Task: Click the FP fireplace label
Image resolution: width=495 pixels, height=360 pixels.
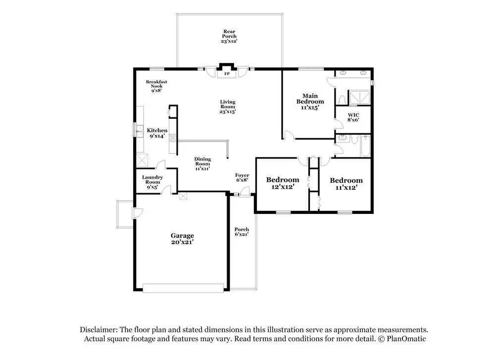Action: (x=227, y=74)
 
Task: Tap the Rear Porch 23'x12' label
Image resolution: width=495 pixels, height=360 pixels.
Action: (x=229, y=36)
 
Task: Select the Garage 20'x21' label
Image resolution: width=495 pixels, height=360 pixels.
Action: (x=182, y=239)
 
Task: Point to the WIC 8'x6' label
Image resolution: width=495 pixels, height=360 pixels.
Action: (x=353, y=117)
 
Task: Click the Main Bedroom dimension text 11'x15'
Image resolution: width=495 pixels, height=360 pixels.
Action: (x=310, y=107)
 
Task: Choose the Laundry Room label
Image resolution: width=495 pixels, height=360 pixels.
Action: (x=152, y=182)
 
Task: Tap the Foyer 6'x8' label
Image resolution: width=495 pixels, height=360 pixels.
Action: (x=242, y=177)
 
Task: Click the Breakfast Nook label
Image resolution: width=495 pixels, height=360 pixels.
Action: (x=156, y=86)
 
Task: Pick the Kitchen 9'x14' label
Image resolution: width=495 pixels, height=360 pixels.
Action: (x=157, y=133)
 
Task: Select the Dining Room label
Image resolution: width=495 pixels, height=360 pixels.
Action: (x=202, y=164)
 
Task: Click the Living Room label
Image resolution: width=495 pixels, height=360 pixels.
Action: (x=228, y=106)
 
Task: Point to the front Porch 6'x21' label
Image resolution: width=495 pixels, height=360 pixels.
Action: (x=242, y=232)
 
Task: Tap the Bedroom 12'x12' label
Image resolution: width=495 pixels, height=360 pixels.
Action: (x=283, y=183)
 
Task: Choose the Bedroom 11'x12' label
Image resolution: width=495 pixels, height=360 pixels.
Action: (x=346, y=184)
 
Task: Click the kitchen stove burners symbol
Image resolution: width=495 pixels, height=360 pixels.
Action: (x=173, y=138)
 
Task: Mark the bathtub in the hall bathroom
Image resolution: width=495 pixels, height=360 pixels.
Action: (x=365, y=146)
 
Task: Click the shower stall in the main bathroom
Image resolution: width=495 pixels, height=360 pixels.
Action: (x=359, y=98)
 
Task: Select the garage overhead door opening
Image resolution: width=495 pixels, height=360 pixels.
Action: (x=183, y=288)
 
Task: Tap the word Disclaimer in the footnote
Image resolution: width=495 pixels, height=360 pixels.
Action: (x=99, y=330)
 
